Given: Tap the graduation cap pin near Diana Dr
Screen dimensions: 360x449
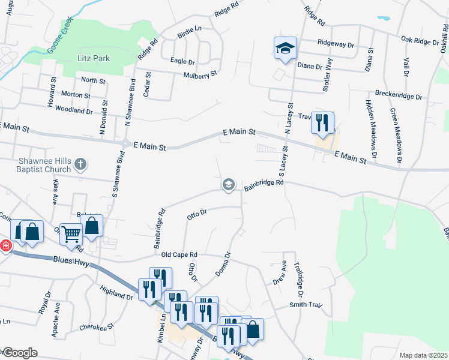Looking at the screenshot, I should (286, 48).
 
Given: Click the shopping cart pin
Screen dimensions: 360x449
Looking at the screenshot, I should (71, 233).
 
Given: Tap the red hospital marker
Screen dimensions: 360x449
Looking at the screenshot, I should (5, 245).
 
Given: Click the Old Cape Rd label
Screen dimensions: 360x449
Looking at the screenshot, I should (180, 255).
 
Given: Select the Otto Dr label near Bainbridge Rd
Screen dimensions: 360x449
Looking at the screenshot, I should (197, 213).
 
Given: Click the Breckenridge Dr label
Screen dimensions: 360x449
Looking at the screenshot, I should (399, 95).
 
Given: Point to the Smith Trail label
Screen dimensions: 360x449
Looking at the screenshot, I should (306, 305).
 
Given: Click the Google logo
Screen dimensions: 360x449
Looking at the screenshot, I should (19, 353).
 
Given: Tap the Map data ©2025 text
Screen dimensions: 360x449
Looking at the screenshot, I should (423, 355).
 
